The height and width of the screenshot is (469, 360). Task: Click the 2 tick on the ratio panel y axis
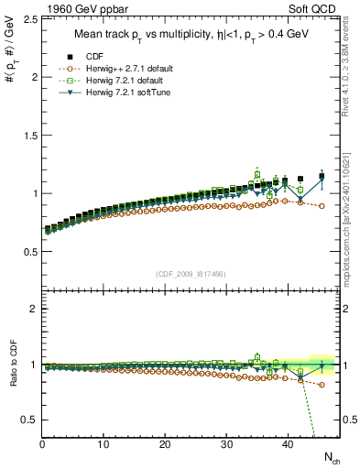pos(34,309)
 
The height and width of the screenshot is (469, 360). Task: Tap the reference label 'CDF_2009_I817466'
pos(191,274)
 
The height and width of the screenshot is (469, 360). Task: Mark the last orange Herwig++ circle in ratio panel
pos(322,385)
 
